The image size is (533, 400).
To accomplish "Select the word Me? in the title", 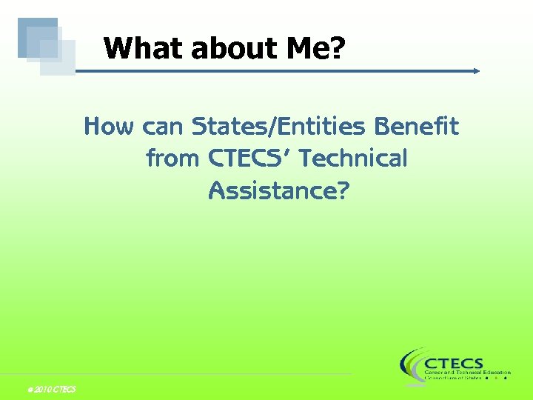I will click(312, 49).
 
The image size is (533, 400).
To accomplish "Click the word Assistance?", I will click(278, 190).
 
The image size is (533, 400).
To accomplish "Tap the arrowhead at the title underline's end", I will click(476, 71).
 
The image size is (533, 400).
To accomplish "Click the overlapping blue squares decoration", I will click(47, 46).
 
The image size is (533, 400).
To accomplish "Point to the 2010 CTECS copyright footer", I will click(50, 390).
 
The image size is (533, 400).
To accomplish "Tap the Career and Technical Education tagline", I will click(467, 372).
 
